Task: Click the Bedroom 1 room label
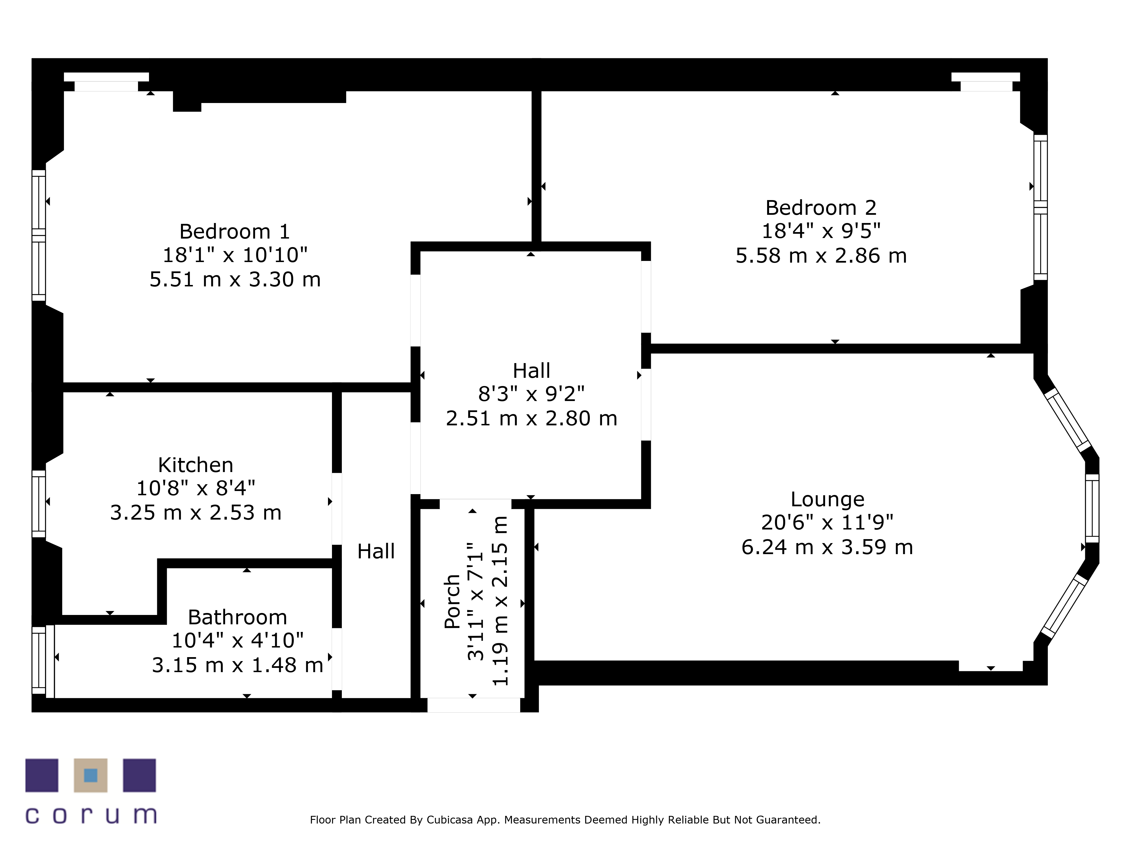pyautogui.click(x=235, y=232)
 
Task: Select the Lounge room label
pyautogui.click(x=827, y=499)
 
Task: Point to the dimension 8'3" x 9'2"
pyautogui.click(x=531, y=394)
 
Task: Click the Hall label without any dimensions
pyautogui.click(x=376, y=552)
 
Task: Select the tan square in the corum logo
pyautogui.click(x=90, y=775)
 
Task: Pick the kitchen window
pyautogui.click(x=39, y=504)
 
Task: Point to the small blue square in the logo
pyautogui.click(x=90, y=775)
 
